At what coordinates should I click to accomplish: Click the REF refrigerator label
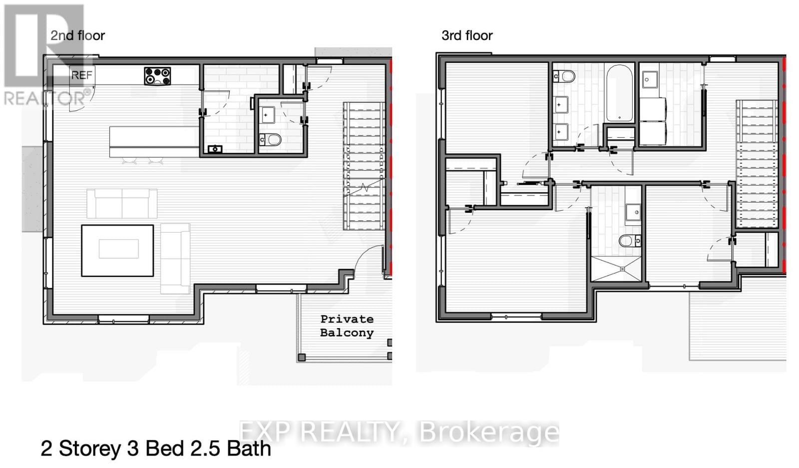pos(82,75)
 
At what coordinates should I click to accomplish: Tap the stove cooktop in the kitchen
pos(157,76)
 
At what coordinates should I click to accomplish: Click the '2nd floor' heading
pos(77,35)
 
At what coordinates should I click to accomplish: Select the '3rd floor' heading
pos(467,35)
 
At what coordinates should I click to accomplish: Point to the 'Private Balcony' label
pos(347,326)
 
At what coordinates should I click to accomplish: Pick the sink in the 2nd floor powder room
pos(267,115)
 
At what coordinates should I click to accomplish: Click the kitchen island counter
pos(154,142)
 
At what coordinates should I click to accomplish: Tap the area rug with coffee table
pos(118,250)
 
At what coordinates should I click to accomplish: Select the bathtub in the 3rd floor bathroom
pos(619,93)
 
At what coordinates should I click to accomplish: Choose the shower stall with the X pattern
pos(616,269)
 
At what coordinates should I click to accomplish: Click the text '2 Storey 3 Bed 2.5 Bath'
pos(156,449)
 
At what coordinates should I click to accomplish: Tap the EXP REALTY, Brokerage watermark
pos(399,432)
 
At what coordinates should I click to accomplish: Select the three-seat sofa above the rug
pos(122,203)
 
